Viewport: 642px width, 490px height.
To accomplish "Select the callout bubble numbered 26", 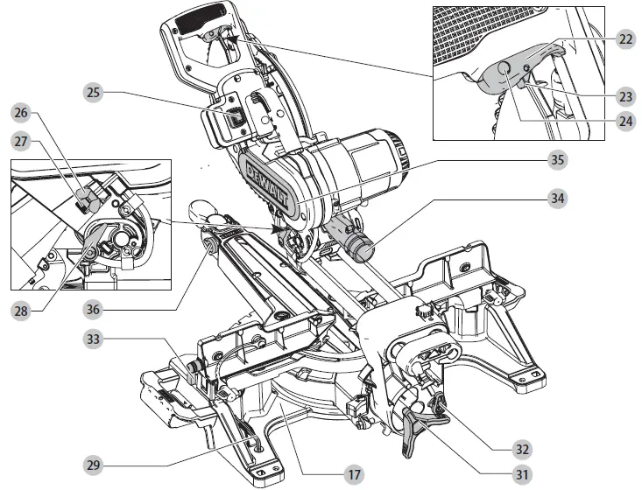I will coord(20,112).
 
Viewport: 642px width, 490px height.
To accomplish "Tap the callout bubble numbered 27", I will coord(20,141).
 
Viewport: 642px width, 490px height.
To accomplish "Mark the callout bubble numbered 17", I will coord(353,475).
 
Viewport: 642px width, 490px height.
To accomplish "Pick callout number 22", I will coord(625,38).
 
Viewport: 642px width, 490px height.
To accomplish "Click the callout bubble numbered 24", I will coord(625,122).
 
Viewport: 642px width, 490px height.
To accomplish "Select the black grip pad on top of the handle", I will coord(199,15).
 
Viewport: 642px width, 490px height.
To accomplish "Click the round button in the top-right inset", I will coord(505,70).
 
